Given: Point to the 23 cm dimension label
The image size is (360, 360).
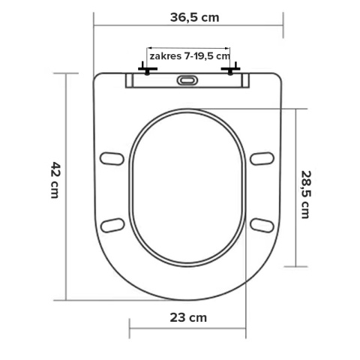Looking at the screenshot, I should tap(187, 317).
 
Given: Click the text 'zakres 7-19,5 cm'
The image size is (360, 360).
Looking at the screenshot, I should tap(188, 57).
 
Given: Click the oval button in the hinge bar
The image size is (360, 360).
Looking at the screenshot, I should tap(187, 81).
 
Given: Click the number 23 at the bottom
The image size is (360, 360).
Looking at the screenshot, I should tap(177, 317).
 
